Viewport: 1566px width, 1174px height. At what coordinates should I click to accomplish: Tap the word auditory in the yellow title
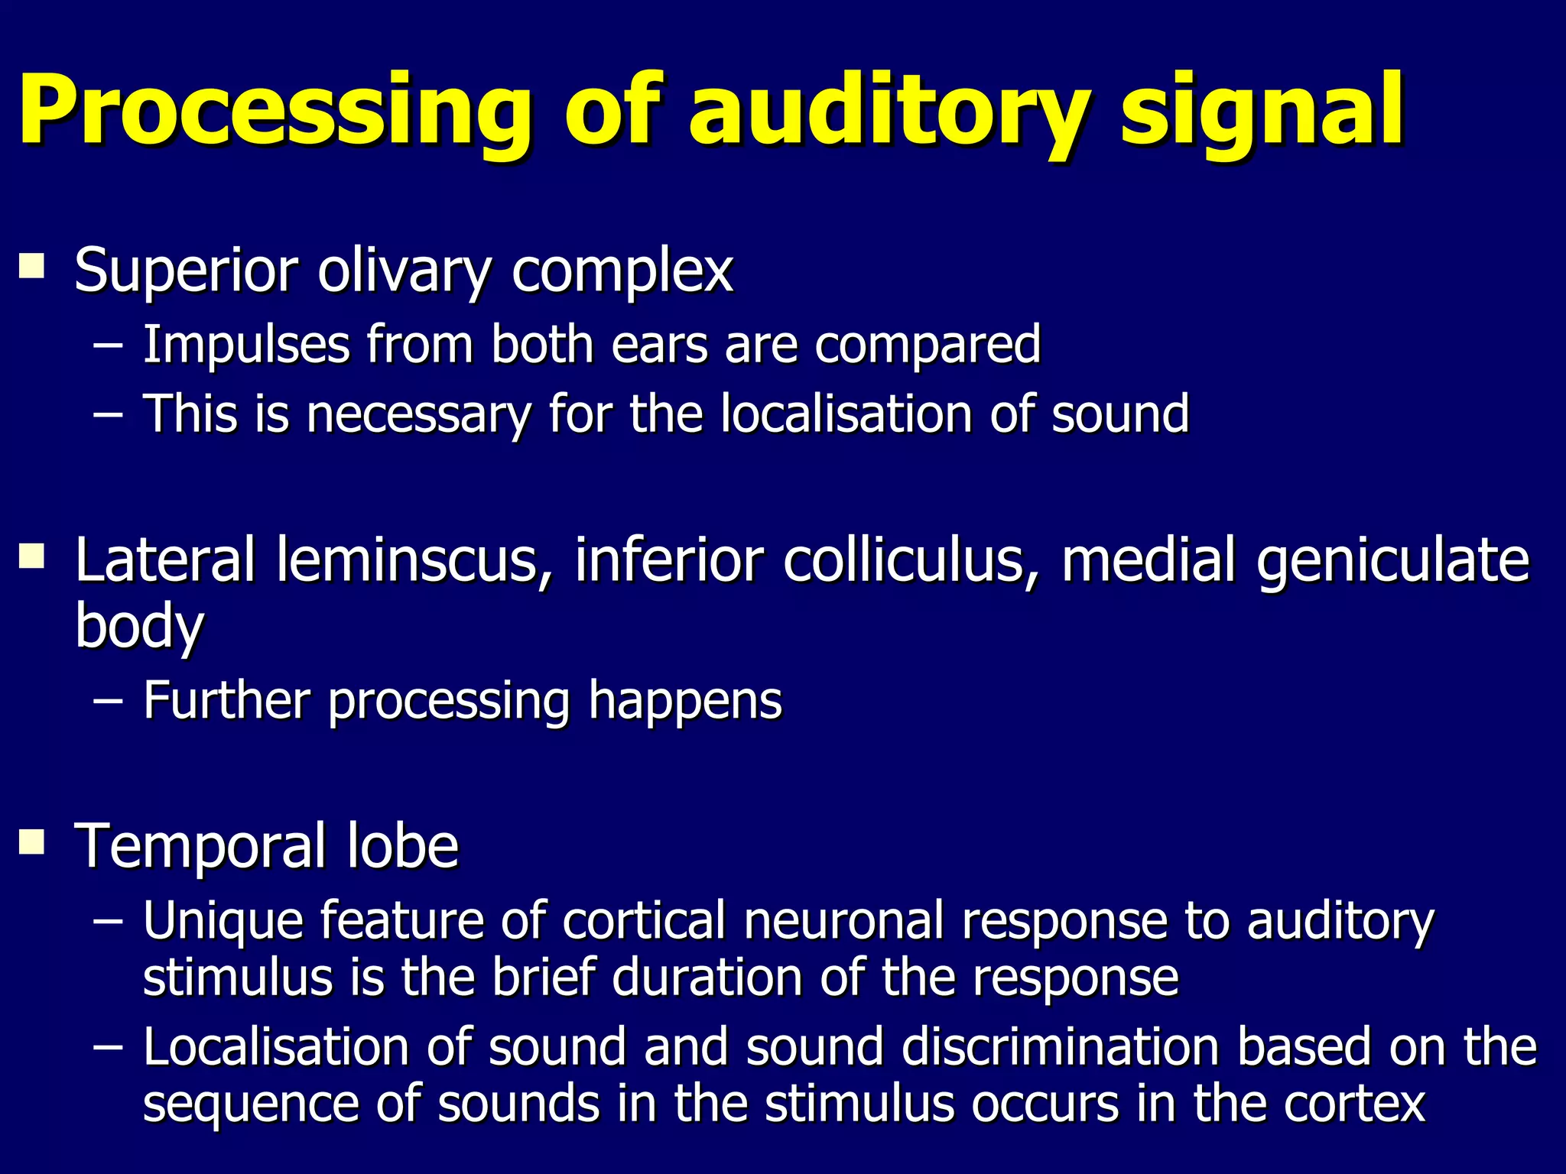(x=888, y=111)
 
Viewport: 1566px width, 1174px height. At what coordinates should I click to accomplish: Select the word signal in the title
(x=1262, y=111)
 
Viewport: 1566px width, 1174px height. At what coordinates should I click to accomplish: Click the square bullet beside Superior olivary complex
(x=32, y=267)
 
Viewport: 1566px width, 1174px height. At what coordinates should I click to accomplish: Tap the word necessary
(x=418, y=415)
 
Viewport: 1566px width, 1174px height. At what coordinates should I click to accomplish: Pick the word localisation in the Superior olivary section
(x=846, y=413)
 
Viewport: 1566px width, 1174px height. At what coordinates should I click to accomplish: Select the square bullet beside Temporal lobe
(x=32, y=842)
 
